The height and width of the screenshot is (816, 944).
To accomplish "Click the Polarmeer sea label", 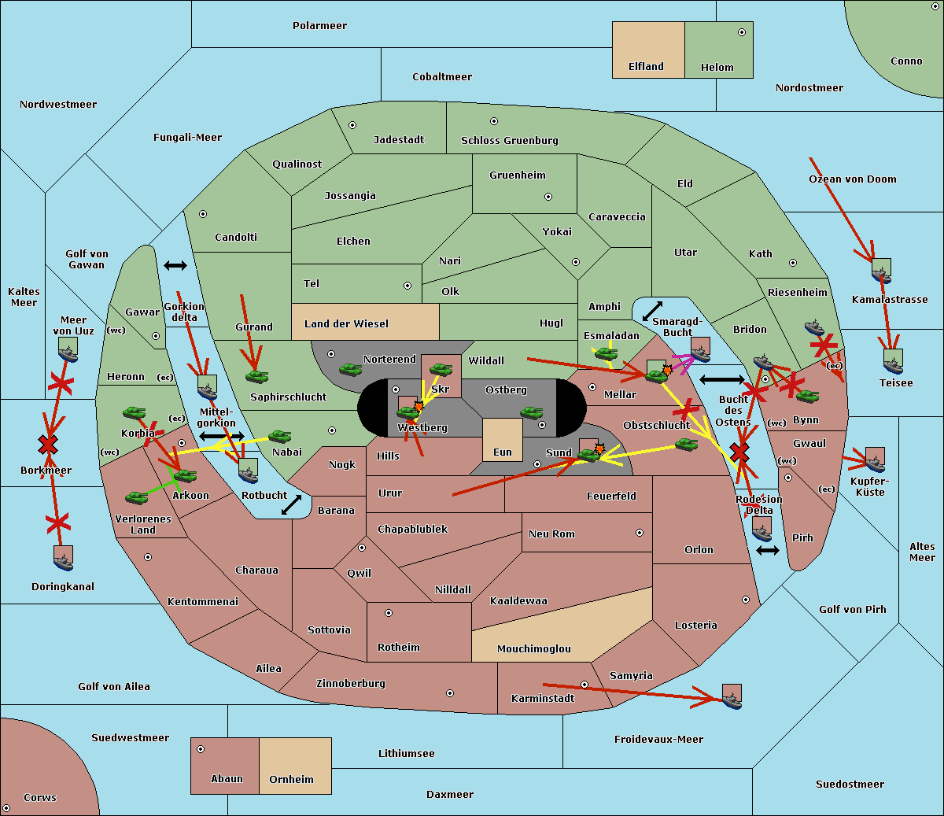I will (319, 26).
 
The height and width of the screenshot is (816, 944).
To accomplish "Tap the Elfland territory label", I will (646, 67).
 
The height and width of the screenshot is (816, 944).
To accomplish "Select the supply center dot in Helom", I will (741, 32).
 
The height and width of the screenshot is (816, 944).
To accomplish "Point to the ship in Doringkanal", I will (64, 558).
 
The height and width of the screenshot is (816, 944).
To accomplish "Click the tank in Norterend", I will (350, 369).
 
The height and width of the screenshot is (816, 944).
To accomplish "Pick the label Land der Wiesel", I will (346, 323).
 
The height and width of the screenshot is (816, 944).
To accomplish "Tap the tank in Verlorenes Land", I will (136, 497).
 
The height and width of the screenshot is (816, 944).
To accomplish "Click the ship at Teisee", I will (893, 362).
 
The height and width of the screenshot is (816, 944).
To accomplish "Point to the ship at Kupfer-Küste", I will (875, 460).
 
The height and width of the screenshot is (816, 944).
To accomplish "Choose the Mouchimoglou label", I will (533, 649).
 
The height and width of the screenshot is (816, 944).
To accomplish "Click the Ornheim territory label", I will (291, 780).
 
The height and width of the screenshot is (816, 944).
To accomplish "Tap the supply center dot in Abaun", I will (201, 749).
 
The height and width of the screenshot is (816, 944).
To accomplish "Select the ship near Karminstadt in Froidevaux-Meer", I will (732, 696).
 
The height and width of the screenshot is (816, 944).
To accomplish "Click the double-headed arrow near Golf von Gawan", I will (175, 265).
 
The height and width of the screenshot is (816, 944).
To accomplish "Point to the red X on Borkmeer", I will (48, 445).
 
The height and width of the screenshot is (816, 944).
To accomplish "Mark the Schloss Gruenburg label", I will (509, 141).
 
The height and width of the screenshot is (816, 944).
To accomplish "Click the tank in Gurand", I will (256, 376).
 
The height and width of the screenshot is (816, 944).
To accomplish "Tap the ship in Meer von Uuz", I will (68, 350).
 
